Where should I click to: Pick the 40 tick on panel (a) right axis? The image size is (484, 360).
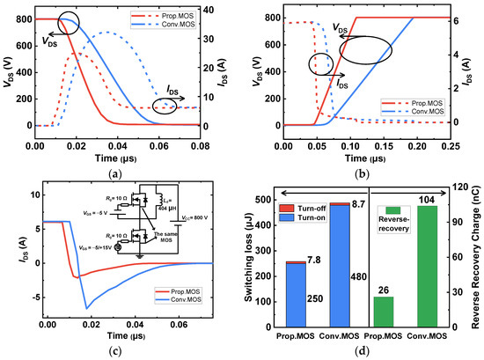tap(231, 10)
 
